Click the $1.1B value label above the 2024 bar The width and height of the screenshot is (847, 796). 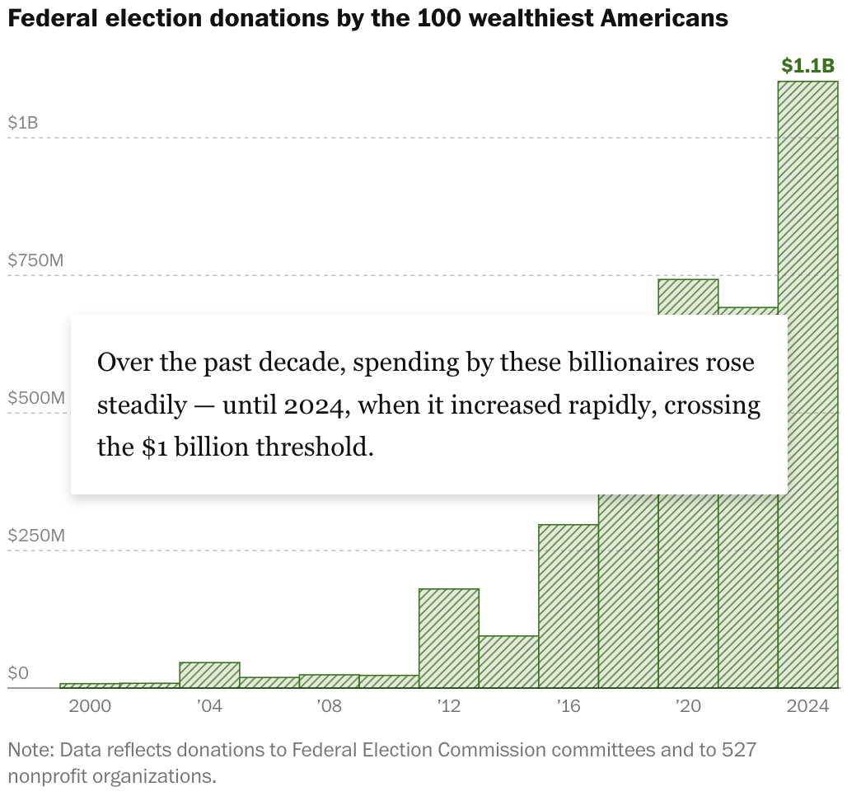tap(807, 66)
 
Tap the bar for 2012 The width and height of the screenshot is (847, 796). tap(449, 639)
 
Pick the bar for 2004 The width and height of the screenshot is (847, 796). tap(209, 675)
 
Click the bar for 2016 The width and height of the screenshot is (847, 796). tap(569, 606)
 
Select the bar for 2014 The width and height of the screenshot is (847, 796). tap(508, 662)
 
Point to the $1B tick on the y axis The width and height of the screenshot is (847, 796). tap(23, 123)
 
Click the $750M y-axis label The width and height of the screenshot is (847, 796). tap(35, 260)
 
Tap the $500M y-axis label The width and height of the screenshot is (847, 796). tap(35, 398)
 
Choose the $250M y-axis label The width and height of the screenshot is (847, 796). tap(35, 536)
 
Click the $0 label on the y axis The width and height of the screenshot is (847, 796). tap(18, 673)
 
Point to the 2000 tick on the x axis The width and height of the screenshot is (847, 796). tap(89, 706)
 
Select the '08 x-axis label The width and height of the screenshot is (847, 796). tap(329, 706)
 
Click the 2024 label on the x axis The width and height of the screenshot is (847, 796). tap(807, 706)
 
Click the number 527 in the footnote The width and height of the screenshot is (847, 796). tap(739, 750)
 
